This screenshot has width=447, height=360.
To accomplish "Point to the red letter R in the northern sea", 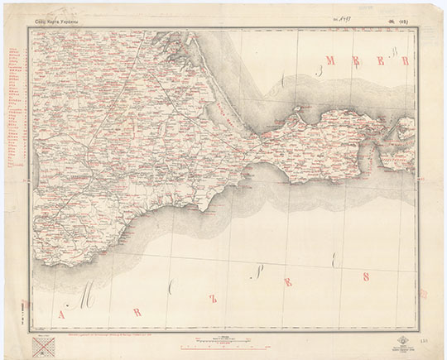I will click(405, 60).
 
